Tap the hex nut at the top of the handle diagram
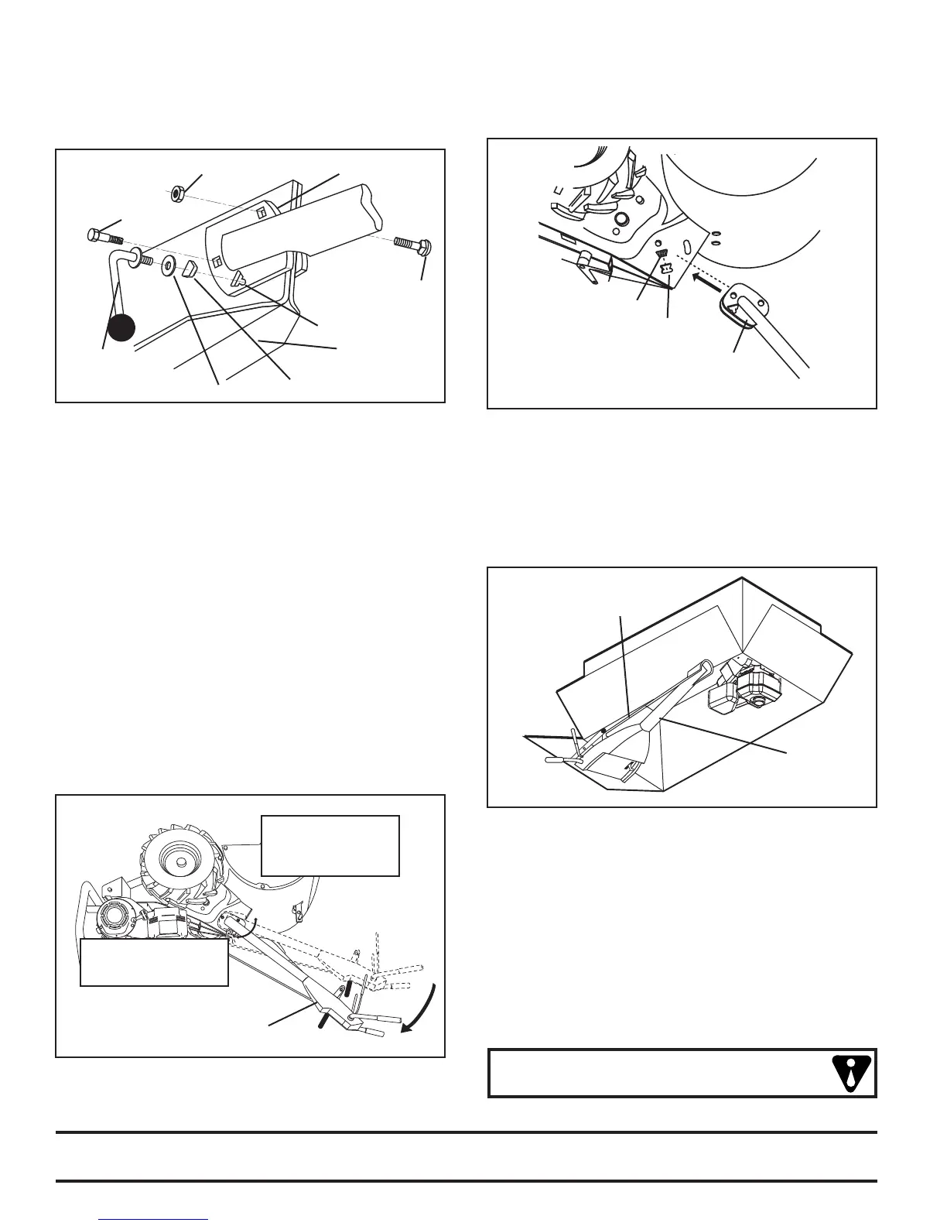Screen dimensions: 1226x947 (176, 191)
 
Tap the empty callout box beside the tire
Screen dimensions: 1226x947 (330, 845)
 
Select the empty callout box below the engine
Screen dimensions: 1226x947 (154, 962)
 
